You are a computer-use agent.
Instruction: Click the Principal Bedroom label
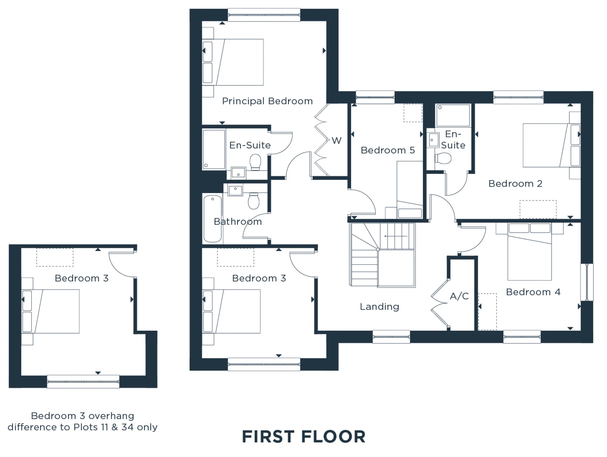click(x=267, y=101)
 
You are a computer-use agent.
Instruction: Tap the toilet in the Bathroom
click(x=253, y=201)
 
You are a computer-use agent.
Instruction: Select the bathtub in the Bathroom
click(x=212, y=219)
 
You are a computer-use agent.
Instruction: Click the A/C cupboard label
click(x=459, y=296)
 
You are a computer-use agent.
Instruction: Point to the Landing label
click(x=379, y=307)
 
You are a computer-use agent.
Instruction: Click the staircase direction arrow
click(x=396, y=236)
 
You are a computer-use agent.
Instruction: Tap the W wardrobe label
click(x=336, y=141)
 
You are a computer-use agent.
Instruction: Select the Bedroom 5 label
click(x=388, y=150)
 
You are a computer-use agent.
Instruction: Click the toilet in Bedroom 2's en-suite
click(x=443, y=158)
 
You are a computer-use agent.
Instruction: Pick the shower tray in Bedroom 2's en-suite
click(x=453, y=115)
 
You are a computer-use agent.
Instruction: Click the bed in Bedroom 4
click(x=530, y=252)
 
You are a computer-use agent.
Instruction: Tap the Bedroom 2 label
click(x=515, y=184)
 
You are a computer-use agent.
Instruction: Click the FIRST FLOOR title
click(x=303, y=437)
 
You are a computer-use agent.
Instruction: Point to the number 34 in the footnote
click(x=128, y=427)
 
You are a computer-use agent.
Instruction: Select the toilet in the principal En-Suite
click(x=256, y=162)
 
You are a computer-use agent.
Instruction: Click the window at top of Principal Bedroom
click(x=264, y=15)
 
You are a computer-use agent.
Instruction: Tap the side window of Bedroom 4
click(x=587, y=282)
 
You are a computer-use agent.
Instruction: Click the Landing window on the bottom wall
click(x=391, y=337)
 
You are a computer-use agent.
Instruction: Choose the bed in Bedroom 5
click(x=410, y=189)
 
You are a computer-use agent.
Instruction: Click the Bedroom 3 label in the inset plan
click(x=82, y=278)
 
